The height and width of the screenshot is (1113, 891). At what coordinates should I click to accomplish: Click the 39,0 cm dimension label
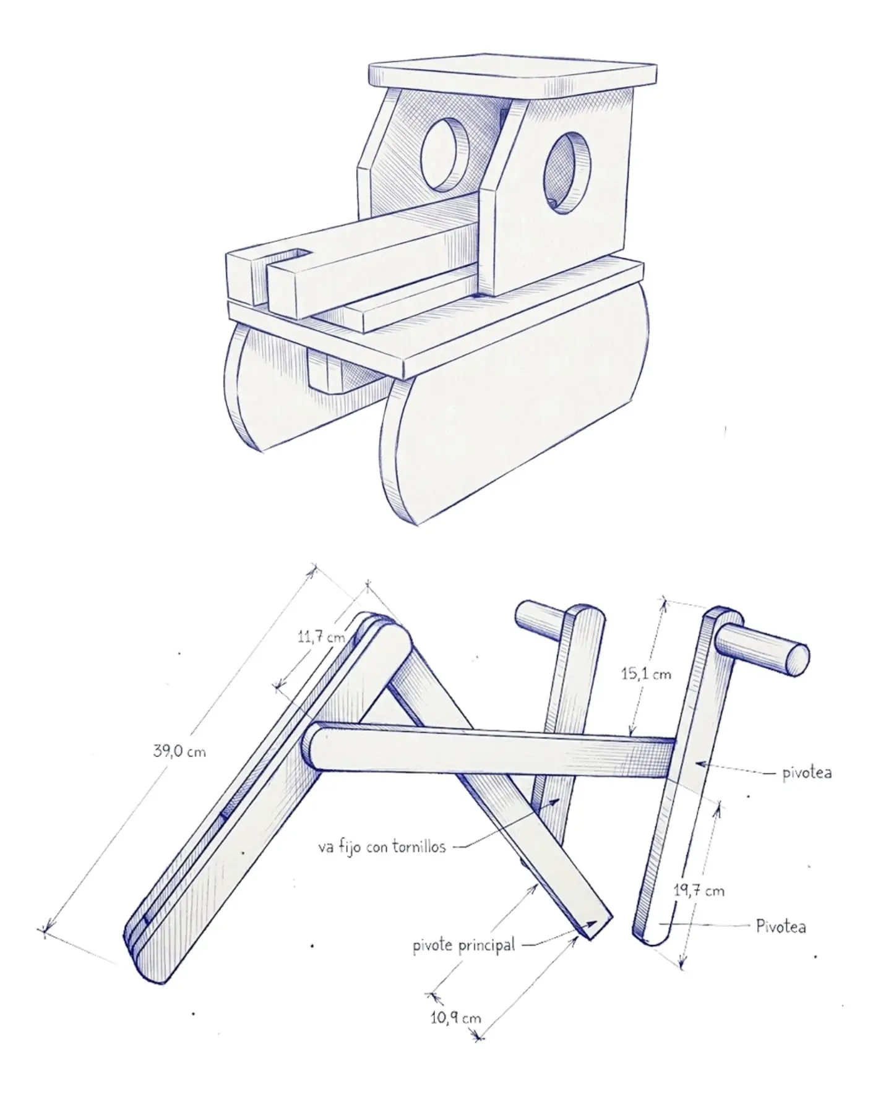[179, 751]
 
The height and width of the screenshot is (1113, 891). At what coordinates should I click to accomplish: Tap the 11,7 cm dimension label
[321, 636]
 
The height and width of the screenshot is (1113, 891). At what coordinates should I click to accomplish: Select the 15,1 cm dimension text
[646, 673]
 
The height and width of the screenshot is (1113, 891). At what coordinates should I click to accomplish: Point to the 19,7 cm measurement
[699, 890]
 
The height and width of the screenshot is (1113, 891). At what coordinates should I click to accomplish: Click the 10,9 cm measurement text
[455, 1017]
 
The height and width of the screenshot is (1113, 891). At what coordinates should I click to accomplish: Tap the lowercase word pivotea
[807, 772]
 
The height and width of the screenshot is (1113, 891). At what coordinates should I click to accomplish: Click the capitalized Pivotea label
[781, 926]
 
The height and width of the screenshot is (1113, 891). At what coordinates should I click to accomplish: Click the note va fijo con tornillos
[382, 846]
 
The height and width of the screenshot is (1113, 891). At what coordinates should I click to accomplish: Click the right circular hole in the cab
[567, 173]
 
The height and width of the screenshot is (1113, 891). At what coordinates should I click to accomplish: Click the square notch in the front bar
[291, 254]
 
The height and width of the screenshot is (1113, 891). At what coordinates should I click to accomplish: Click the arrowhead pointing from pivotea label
[702, 765]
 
